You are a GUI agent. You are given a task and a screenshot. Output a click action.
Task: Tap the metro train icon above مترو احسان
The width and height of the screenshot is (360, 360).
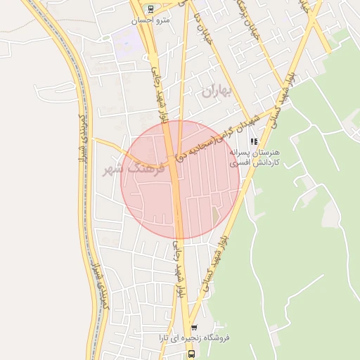click(x=150, y=9)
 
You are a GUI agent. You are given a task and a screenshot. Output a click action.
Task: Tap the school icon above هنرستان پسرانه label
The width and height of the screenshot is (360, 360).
click(x=254, y=141)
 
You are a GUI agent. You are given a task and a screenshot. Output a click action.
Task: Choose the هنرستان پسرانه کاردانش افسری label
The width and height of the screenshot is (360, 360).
click(x=254, y=157)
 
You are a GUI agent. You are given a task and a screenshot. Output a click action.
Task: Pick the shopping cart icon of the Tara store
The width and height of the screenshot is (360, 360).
click(x=193, y=328)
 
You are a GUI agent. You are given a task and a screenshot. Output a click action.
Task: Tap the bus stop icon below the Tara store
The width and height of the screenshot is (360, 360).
click(x=191, y=354)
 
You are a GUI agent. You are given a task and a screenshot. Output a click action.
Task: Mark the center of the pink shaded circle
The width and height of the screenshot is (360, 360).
click(x=181, y=180)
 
